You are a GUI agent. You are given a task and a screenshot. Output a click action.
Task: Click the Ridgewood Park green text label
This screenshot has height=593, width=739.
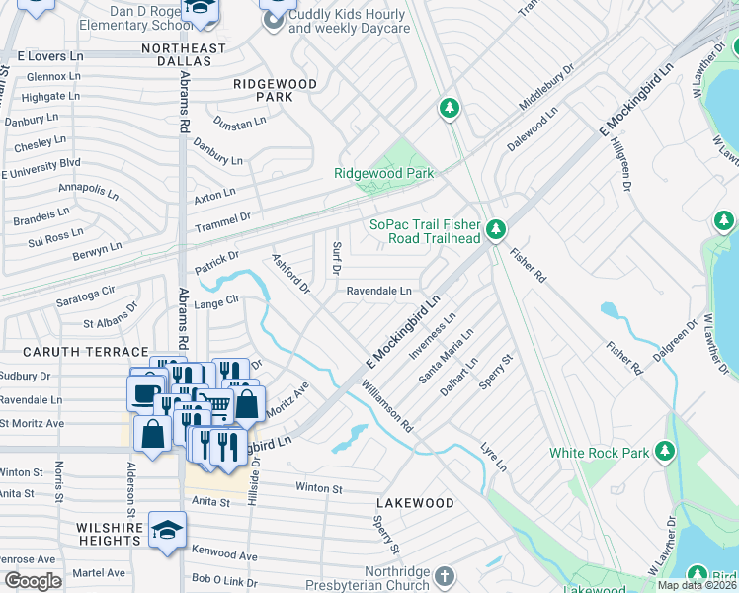pos(384,173)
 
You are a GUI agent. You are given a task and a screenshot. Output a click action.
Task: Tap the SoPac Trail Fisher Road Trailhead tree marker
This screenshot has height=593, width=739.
pos(496,231)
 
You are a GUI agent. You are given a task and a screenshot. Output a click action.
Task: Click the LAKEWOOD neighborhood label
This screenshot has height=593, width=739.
pos(415,503)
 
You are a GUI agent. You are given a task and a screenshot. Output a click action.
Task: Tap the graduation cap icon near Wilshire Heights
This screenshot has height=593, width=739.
pos(167,529)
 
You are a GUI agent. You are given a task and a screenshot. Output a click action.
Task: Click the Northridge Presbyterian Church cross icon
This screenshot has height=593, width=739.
pos(445,575)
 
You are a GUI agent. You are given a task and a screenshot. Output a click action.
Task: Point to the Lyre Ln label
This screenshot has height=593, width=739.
pos(494,456)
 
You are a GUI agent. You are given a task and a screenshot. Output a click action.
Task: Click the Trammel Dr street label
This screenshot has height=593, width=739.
pos(223,215)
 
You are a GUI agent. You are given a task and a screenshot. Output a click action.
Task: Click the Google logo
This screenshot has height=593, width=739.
pos(33,581)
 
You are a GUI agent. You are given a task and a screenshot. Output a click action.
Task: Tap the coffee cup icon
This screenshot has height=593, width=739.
pos(144,392)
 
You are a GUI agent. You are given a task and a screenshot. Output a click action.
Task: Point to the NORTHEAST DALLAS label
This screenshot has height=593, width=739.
pos(177,54)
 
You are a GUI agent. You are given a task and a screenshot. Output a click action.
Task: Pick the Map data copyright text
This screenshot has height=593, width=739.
pos(698,585)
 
